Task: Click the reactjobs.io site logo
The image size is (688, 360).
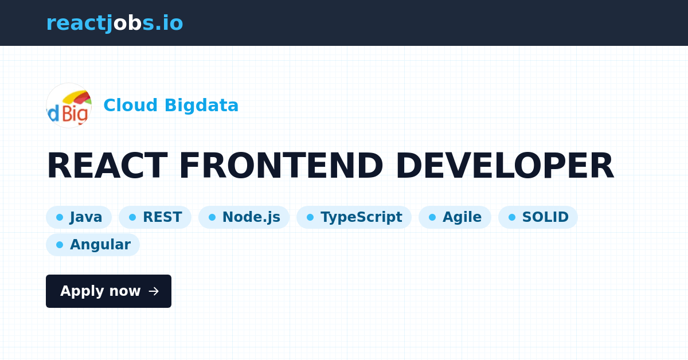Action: click(x=115, y=24)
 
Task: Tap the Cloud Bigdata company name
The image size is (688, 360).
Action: click(x=170, y=105)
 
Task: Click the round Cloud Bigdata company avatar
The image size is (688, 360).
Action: click(x=69, y=105)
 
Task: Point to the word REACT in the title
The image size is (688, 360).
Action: click(x=106, y=166)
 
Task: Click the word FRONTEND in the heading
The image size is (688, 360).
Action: click(x=280, y=166)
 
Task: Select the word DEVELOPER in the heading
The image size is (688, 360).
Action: click(x=504, y=166)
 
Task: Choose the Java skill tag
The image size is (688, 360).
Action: click(x=79, y=217)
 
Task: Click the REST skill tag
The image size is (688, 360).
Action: click(x=155, y=217)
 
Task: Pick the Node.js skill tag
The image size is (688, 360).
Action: click(x=244, y=217)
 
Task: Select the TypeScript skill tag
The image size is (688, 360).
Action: click(x=354, y=217)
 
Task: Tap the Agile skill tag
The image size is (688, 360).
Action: click(x=455, y=217)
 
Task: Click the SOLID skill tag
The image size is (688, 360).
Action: click(x=538, y=217)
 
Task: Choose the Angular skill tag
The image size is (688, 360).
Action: click(x=93, y=245)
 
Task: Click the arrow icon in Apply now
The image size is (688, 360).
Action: click(x=154, y=291)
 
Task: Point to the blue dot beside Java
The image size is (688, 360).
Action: click(x=60, y=217)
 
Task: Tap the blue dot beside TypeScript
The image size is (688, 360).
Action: click(x=310, y=217)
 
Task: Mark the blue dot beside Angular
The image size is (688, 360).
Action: click(x=60, y=245)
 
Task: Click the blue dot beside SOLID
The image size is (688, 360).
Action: click(x=512, y=217)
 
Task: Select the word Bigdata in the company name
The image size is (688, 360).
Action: click(x=201, y=105)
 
